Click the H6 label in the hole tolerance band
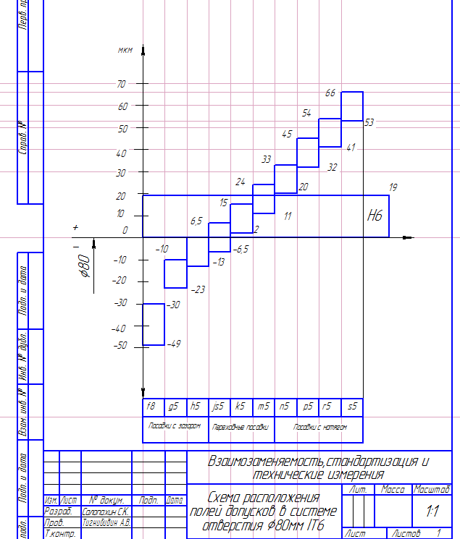click(x=375, y=216)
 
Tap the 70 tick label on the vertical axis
click(x=121, y=84)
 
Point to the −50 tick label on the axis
click(x=120, y=346)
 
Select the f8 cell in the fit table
click(x=151, y=407)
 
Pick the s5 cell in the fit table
click(x=352, y=407)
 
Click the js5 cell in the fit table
click(x=218, y=407)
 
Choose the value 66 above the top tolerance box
click(x=330, y=93)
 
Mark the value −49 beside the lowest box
click(x=173, y=344)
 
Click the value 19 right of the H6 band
click(x=393, y=187)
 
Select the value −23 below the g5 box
click(x=197, y=289)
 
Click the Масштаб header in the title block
click(x=432, y=490)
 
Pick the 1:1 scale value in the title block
click(x=432, y=511)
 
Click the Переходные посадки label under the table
click(x=241, y=427)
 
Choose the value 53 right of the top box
click(x=369, y=122)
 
